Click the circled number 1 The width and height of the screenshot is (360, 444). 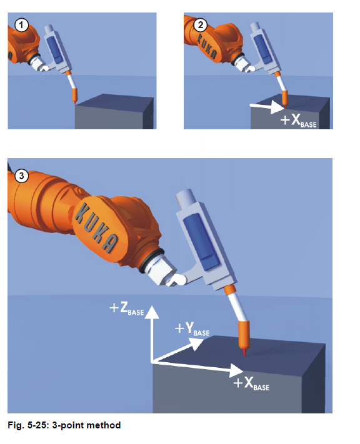(x=21, y=25)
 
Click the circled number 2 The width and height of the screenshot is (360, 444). (x=201, y=25)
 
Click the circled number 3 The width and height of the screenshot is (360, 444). (x=21, y=176)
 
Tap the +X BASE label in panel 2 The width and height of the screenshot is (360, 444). (x=298, y=121)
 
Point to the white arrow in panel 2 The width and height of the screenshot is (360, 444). (x=267, y=107)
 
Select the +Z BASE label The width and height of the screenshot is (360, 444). (x=127, y=308)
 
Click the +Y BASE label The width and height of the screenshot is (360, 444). (x=192, y=329)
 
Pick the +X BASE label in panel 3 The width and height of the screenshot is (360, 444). (x=251, y=383)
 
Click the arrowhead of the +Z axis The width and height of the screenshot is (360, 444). (x=152, y=312)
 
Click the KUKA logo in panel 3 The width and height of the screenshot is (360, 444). (x=96, y=227)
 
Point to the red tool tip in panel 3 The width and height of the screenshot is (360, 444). (x=244, y=353)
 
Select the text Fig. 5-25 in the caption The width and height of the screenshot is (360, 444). (x=27, y=425)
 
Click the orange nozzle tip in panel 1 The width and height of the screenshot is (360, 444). (x=75, y=96)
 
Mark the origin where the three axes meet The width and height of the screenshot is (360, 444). (x=152, y=362)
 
